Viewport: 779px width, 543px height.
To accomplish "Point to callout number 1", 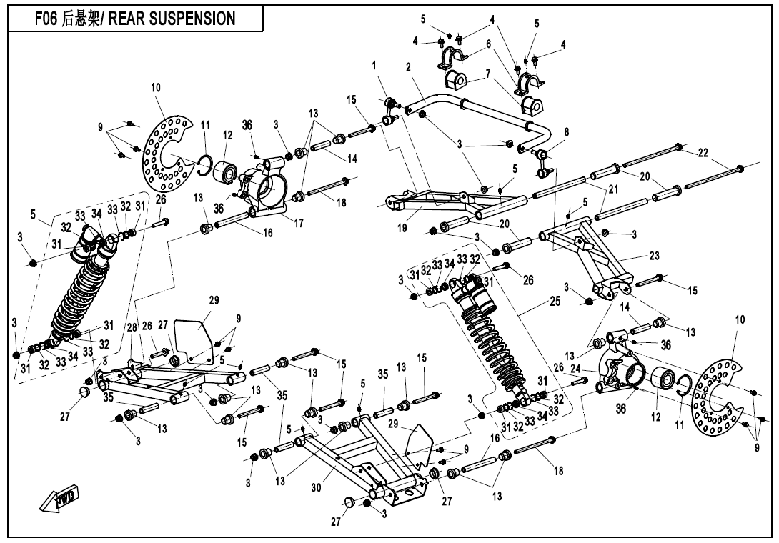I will pos(374,66).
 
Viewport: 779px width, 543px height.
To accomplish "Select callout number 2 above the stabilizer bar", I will pos(407,68).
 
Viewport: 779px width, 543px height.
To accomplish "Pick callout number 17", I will pos(299,223).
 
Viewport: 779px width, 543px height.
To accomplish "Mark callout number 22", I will pos(704,153).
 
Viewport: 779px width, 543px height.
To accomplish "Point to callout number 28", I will pos(132,327).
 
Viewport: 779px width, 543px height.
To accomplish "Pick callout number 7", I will pos(488,73).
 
